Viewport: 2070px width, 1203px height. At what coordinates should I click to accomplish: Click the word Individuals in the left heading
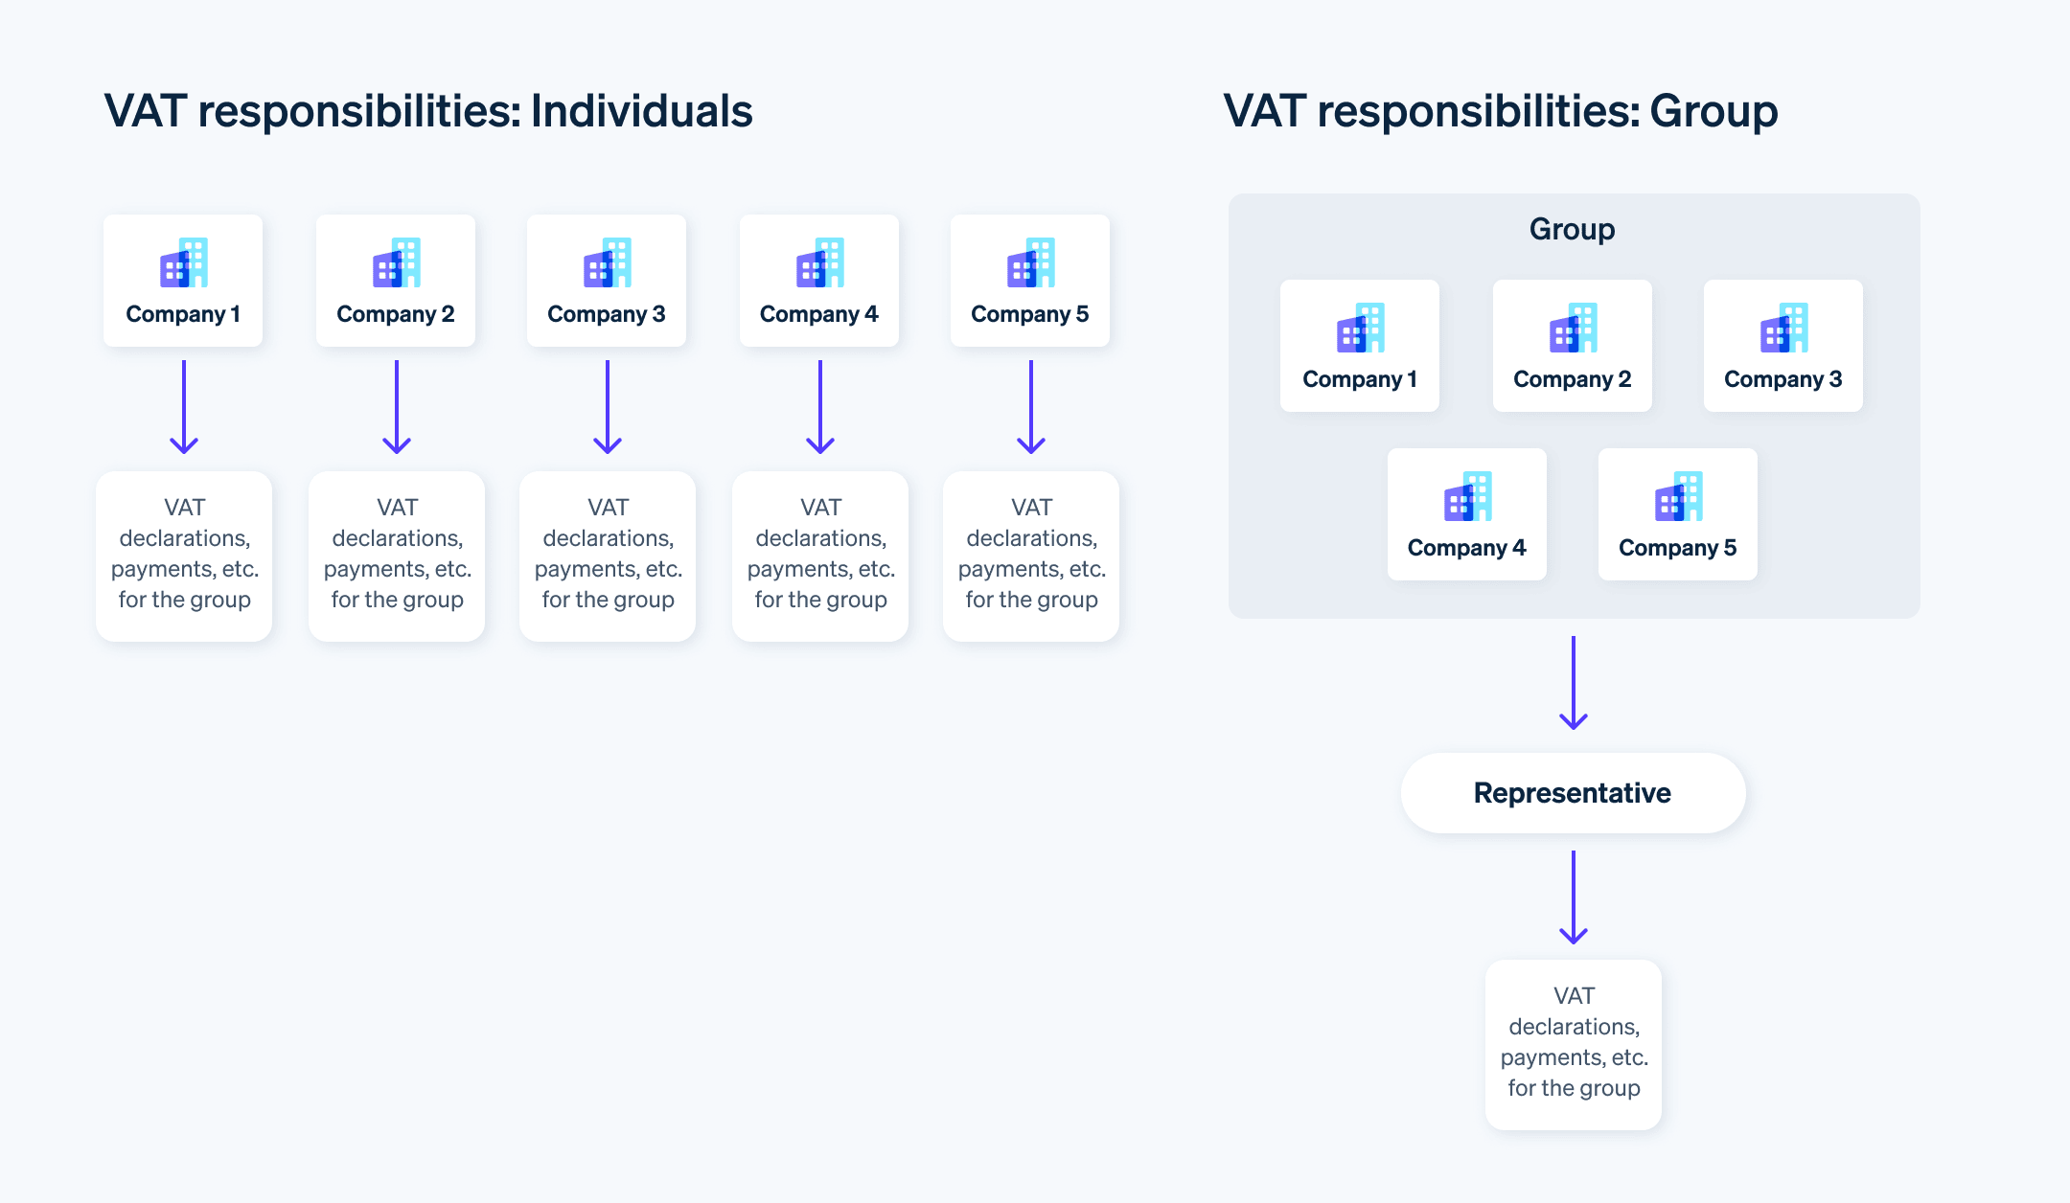point(641,111)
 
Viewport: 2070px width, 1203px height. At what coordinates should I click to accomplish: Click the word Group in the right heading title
point(1713,111)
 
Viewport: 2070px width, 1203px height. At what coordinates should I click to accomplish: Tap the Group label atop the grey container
point(1572,229)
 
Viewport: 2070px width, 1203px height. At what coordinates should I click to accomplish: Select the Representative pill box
point(1573,793)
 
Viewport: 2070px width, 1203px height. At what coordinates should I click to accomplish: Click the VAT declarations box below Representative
point(1574,1044)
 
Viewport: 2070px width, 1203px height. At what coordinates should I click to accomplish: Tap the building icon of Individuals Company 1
point(184,262)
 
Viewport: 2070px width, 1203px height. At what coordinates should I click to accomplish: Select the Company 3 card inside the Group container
point(1782,346)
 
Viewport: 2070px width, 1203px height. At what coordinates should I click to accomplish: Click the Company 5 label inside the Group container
point(1677,548)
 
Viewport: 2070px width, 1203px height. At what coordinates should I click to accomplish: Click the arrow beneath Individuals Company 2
point(397,406)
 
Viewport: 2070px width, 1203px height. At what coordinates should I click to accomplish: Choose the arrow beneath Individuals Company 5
point(1031,406)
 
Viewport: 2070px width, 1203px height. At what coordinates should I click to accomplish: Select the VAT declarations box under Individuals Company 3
point(608,556)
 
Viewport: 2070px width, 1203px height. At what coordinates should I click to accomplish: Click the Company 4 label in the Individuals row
point(818,314)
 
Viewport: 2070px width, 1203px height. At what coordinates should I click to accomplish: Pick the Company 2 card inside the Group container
point(1572,346)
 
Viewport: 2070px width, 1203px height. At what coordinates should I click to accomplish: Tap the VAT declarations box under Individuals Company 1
point(184,556)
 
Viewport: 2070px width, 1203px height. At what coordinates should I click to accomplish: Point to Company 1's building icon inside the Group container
point(1361,328)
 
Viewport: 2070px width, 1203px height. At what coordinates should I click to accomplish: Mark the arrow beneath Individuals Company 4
point(820,406)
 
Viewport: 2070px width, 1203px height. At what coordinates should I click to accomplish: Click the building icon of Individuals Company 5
point(1031,262)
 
